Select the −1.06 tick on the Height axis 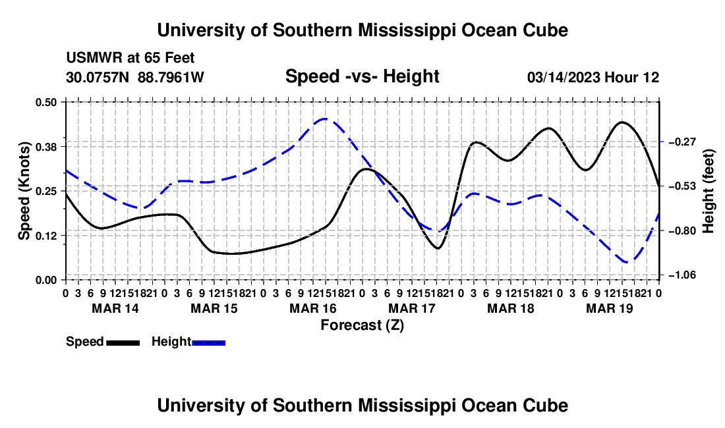[x=683, y=275]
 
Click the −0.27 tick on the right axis [x=683, y=142]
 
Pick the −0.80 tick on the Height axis [x=683, y=231]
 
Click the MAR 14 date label [x=115, y=308]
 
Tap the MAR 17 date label [x=411, y=308]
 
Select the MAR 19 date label [x=610, y=308]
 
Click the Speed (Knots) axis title [x=24, y=191]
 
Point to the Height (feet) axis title [x=709, y=191]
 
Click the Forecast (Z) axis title [x=362, y=325]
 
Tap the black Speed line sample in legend [x=123, y=342]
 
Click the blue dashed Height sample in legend [x=208, y=342]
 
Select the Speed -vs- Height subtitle [x=362, y=76]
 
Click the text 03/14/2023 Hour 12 [x=593, y=77]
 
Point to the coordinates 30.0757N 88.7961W [x=134, y=77]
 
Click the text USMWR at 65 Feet [x=130, y=58]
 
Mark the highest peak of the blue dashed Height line [x=324, y=119]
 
